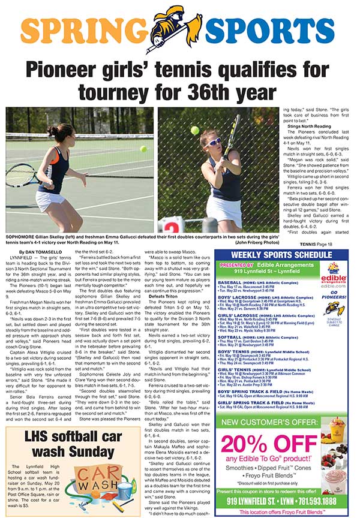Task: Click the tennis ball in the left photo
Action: point(143,149)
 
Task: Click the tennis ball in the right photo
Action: point(195,129)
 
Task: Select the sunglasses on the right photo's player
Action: point(214,142)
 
